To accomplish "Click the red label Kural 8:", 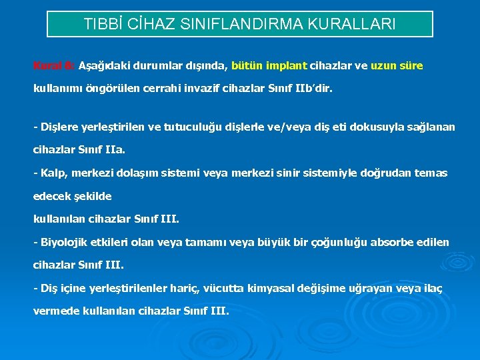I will [x=54, y=66].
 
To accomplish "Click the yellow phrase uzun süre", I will [x=397, y=66].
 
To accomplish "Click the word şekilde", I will [x=90, y=197].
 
